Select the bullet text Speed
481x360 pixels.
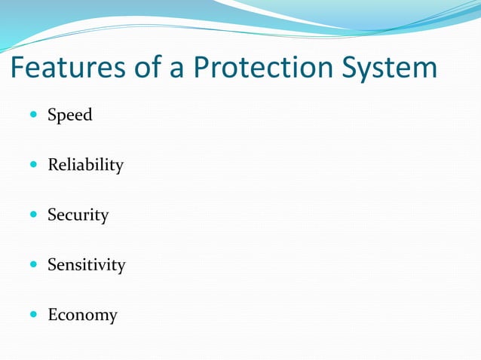coord(70,115)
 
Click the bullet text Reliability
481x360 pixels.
coord(85,165)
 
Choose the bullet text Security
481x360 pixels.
coord(78,215)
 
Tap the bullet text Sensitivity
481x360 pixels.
coord(86,265)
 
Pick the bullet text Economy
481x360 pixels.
coord(82,316)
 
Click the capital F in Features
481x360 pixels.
coord(18,69)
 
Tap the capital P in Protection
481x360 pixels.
coord(201,69)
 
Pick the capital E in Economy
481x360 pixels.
coord(53,315)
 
